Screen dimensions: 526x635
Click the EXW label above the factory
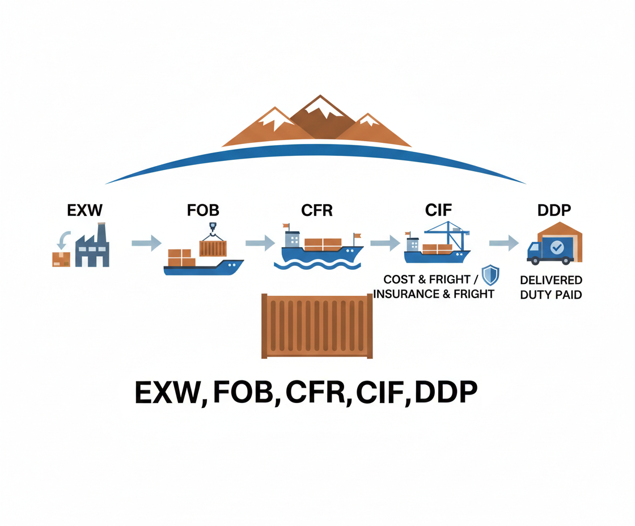click(x=85, y=211)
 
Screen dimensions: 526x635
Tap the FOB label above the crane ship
click(x=202, y=211)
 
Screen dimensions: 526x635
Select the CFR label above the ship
click(x=317, y=211)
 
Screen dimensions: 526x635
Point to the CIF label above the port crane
click(x=438, y=211)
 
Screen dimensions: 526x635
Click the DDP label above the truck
click(x=554, y=211)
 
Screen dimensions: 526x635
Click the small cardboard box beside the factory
click(x=61, y=259)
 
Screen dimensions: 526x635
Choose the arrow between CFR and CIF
click(x=384, y=243)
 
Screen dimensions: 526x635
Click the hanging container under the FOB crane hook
click(x=213, y=248)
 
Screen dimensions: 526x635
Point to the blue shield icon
click(x=490, y=275)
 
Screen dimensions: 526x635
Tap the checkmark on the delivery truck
click(x=557, y=247)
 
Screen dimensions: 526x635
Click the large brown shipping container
click(x=317, y=326)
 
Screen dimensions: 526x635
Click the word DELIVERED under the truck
click(x=551, y=281)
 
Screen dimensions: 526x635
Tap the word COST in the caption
click(x=399, y=279)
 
